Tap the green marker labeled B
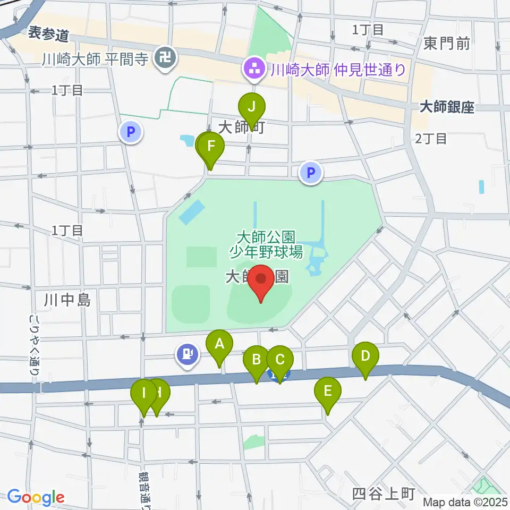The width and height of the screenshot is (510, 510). (x=256, y=360)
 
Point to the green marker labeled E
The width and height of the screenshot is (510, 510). (x=327, y=392)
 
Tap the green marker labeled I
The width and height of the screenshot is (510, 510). (x=143, y=394)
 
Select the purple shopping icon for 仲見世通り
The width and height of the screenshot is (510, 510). (x=254, y=68)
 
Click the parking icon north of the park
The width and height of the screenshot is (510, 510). (x=311, y=172)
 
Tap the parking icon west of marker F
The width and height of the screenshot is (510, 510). (x=131, y=131)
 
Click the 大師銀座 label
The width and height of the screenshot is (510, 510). (x=446, y=108)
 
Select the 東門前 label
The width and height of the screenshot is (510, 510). (x=447, y=44)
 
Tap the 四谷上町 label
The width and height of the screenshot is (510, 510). (x=384, y=494)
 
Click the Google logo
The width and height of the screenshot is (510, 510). (x=36, y=498)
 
